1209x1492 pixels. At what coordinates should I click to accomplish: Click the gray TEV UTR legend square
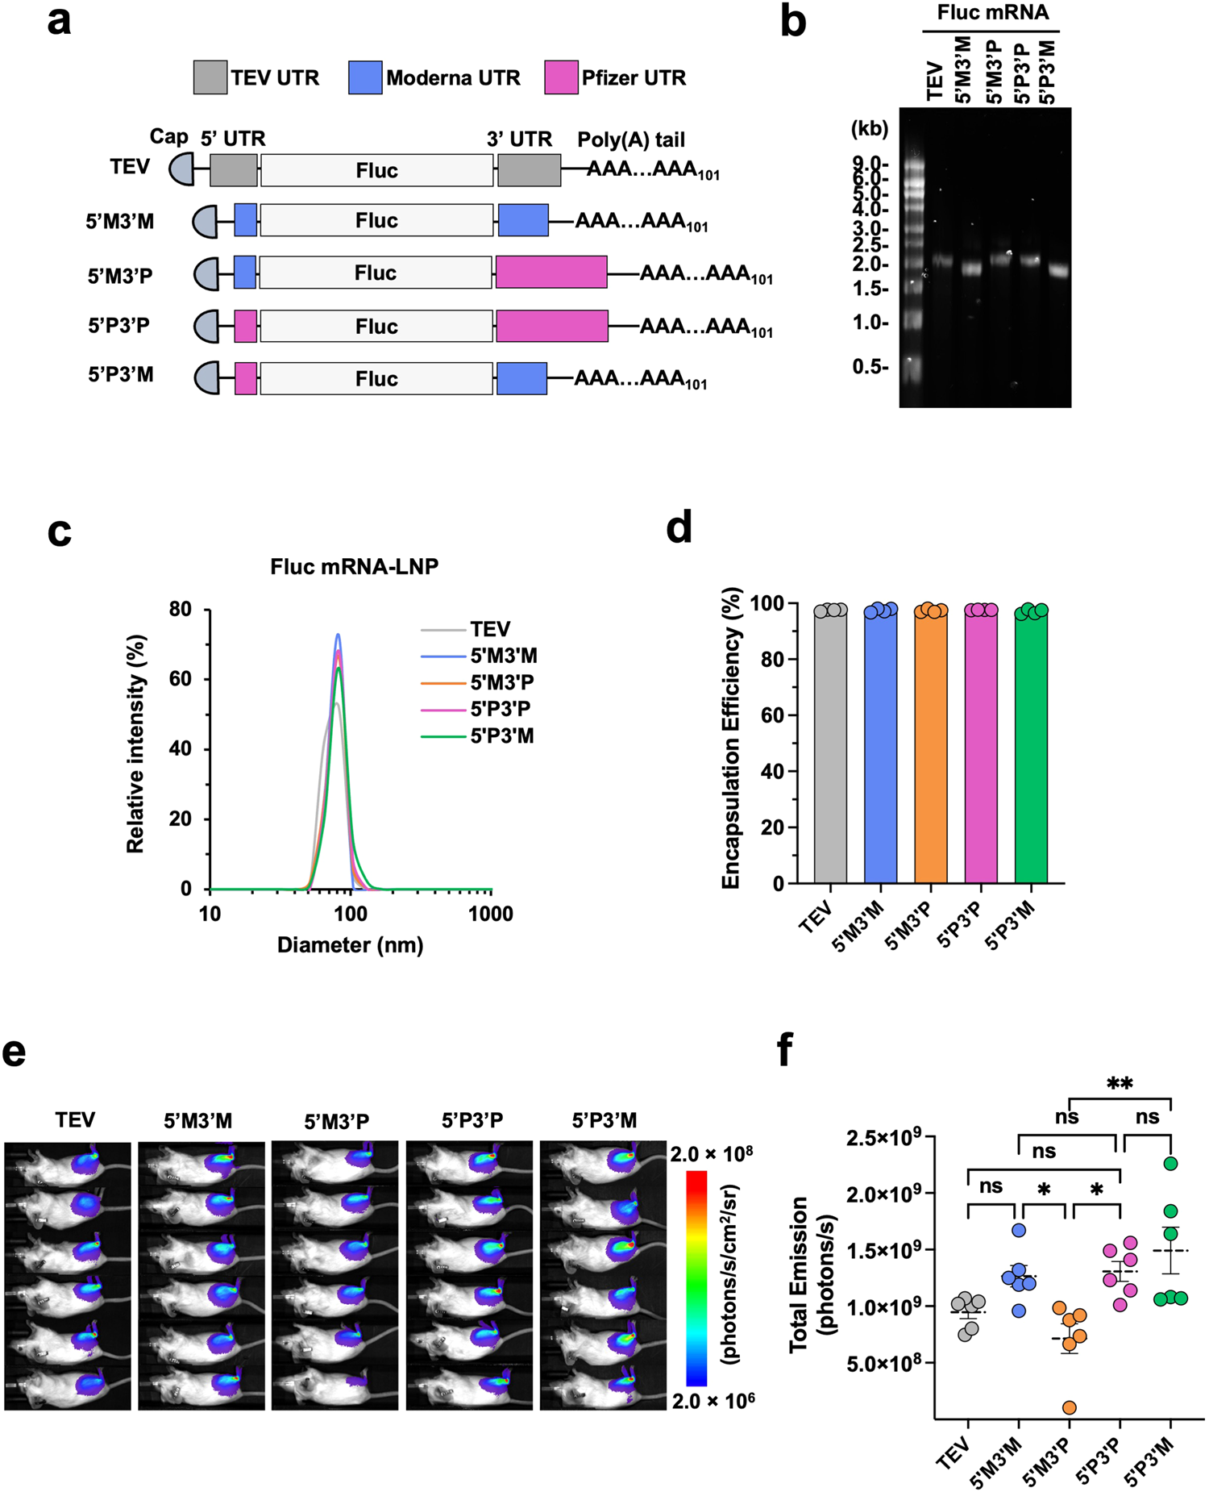click(210, 77)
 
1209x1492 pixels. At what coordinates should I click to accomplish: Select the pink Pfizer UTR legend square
click(561, 77)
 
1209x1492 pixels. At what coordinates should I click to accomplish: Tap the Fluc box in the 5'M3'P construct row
click(376, 273)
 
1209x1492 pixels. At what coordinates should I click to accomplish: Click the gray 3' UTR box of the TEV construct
click(529, 170)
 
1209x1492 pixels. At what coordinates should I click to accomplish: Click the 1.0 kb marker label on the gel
click(870, 323)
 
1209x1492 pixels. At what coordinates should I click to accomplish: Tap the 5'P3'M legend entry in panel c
click(501, 736)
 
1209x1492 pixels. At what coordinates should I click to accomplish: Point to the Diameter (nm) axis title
click(350, 944)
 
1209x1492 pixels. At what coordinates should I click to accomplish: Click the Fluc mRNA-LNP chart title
click(354, 566)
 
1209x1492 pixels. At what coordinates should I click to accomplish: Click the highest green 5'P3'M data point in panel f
click(1170, 1163)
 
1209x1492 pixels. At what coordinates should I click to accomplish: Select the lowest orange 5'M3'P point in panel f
click(1070, 1407)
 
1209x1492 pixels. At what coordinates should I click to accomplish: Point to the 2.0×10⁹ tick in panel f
click(883, 1194)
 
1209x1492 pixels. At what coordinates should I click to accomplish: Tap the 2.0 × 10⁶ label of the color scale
click(713, 1401)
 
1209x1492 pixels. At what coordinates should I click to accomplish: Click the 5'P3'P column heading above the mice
click(472, 1120)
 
